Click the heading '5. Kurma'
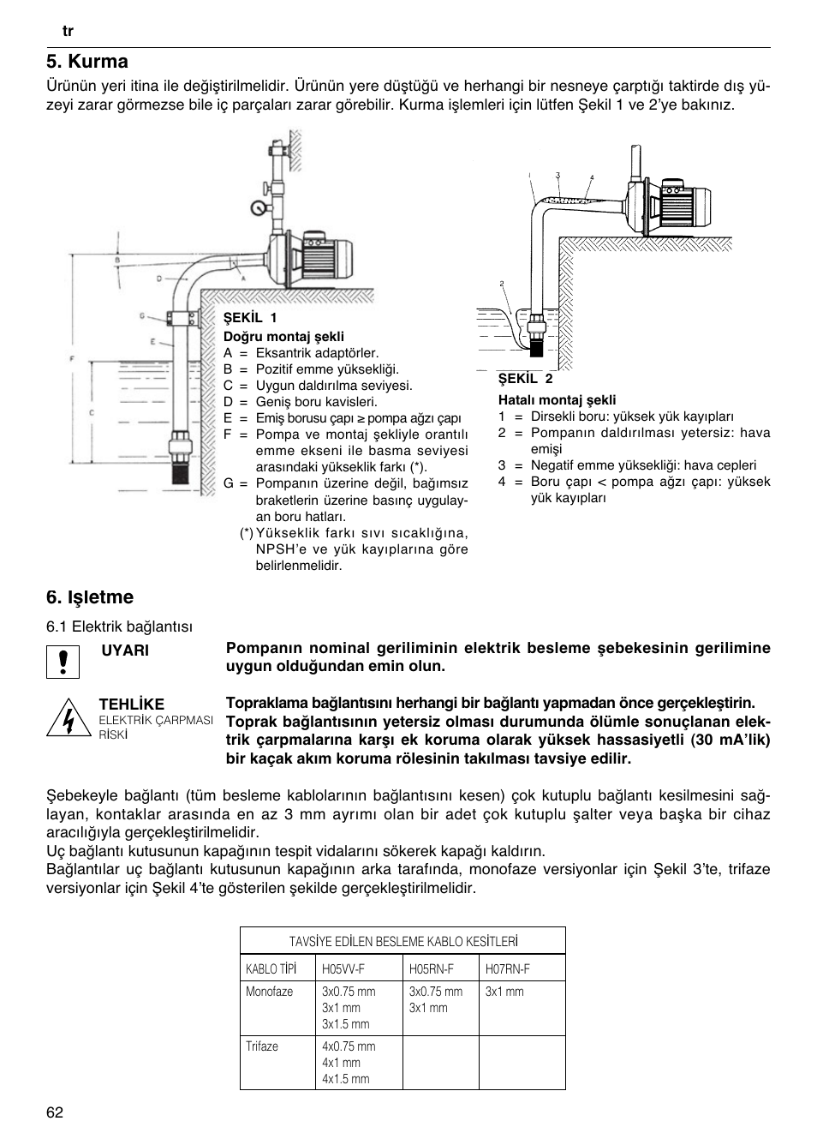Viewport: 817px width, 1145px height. click(x=87, y=62)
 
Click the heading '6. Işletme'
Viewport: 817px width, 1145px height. click(x=90, y=596)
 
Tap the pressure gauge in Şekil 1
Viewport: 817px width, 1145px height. click(x=258, y=207)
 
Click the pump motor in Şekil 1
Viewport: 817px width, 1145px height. click(x=325, y=255)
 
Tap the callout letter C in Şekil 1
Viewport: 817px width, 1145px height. click(x=91, y=412)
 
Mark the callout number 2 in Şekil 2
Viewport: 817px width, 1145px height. click(x=501, y=283)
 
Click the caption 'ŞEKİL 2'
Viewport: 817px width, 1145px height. click(x=526, y=379)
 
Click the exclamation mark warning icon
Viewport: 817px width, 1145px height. click(x=63, y=662)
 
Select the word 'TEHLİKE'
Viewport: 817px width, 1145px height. click(x=131, y=704)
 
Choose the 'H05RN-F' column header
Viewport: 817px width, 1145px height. click(x=431, y=969)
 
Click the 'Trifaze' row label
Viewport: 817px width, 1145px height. click(x=262, y=1046)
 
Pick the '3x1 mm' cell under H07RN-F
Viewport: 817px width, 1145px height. click(x=504, y=992)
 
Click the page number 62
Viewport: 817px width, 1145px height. click(x=55, y=1112)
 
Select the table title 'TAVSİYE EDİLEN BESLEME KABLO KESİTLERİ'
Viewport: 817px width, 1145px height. click(x=403, y=941)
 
